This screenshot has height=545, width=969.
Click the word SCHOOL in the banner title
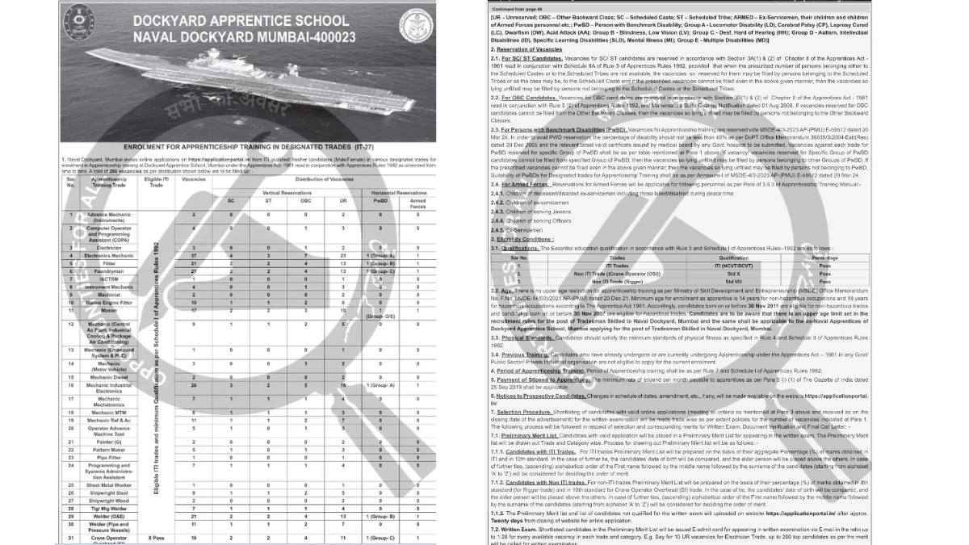325,19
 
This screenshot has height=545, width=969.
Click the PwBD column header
380,201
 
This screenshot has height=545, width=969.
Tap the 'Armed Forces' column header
417,204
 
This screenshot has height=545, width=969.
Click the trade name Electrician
108,248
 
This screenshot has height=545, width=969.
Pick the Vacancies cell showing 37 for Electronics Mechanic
194,255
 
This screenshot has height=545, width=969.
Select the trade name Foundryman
108,271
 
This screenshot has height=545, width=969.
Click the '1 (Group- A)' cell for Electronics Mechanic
380,255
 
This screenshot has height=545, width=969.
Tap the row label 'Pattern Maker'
108,450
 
